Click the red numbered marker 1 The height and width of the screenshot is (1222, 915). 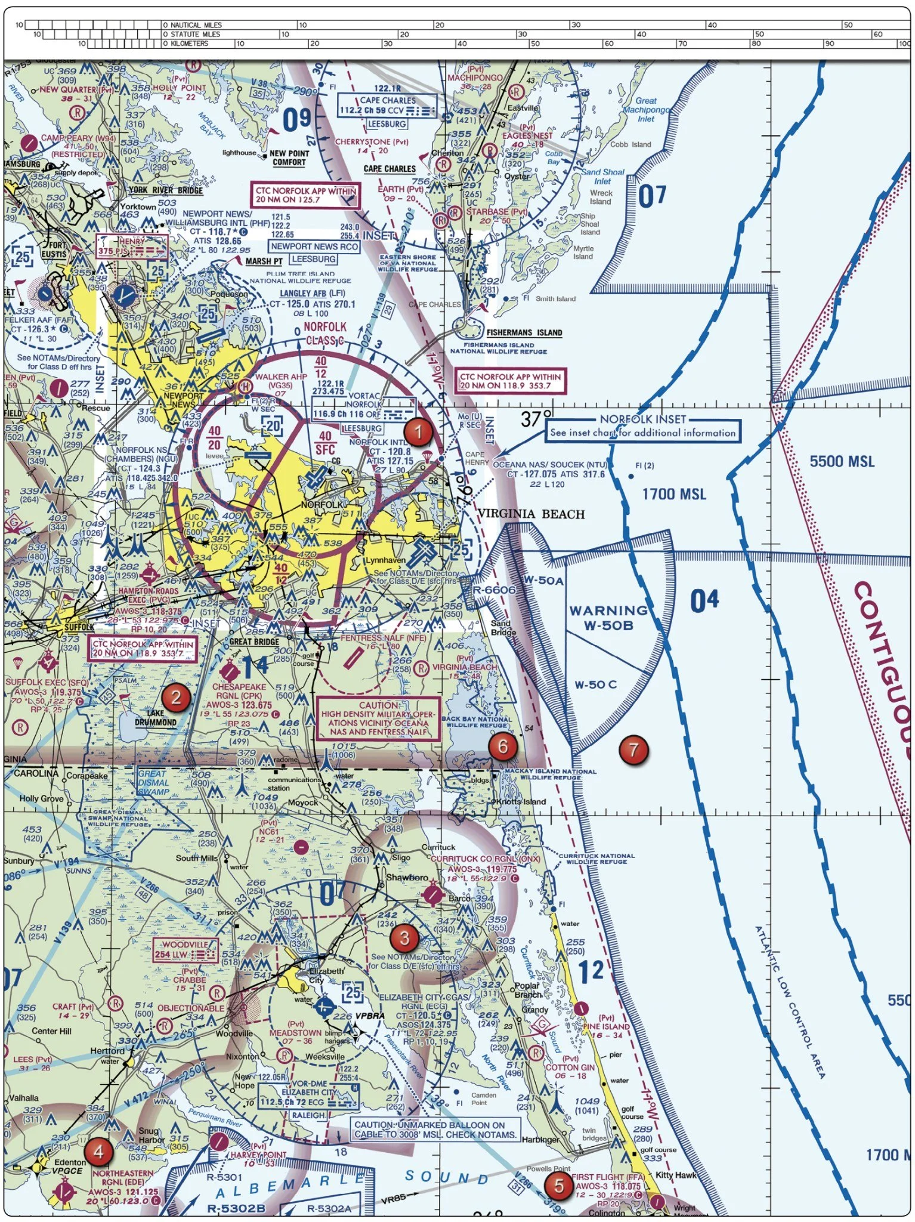418,431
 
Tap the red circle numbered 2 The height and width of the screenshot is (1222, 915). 175,696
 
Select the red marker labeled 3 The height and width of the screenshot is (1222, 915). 404,937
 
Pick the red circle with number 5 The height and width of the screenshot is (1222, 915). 559,1185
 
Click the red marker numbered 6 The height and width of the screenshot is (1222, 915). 502,746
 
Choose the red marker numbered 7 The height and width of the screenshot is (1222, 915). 633,750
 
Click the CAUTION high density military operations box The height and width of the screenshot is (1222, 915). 378,718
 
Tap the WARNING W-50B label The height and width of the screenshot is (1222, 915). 608,618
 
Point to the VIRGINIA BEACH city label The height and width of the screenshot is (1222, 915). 531,514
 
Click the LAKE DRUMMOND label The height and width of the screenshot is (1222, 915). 155,718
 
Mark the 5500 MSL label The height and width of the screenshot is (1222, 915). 842,461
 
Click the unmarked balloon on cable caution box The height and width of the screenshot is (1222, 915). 435,1130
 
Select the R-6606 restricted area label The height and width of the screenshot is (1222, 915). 494,590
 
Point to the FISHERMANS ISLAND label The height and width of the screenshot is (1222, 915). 524,333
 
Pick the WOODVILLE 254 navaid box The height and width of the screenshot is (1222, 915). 186,949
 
